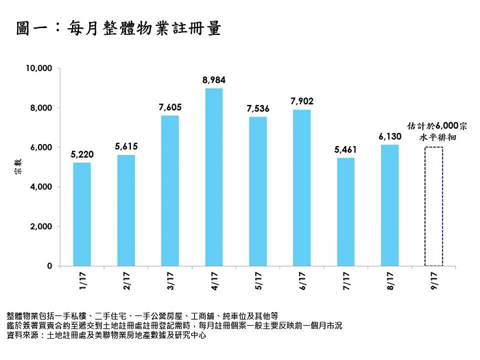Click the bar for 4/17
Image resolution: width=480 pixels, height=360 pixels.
[x=213, y=177]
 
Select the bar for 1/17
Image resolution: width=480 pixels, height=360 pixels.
[x=82, y=214]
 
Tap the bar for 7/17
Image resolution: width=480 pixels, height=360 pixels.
[x=345, y=212]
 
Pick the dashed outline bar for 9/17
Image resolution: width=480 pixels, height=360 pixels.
[x=433, y=206]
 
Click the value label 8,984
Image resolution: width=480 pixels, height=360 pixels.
[x=213, y=81]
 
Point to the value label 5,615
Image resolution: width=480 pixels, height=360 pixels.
[x=126, y=147]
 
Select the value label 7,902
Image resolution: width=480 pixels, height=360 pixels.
[x=302, y=101]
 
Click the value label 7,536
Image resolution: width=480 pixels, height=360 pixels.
[x=257, y=109]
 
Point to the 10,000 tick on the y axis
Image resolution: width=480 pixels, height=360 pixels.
[x=38, y=69]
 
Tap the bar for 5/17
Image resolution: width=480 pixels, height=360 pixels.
[x=257, y=191]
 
